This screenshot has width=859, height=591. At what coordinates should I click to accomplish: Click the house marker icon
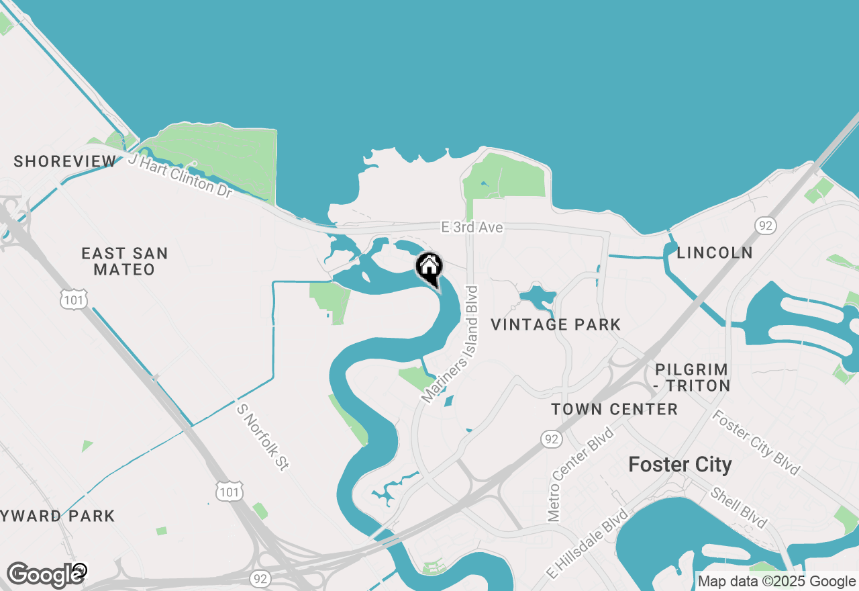pyautogui.click(x=429, y=268)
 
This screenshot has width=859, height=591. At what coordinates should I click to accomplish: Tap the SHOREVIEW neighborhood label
pyautogui.click(x=65, y=161)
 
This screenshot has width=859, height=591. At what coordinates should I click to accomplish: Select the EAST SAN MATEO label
pyautogui.click(x=124, y=261)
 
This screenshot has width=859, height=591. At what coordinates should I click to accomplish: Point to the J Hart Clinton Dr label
pyautogui.click(x=180, y=176)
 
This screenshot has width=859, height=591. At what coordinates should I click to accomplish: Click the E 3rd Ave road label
pyautogui.click(x=472, y=228)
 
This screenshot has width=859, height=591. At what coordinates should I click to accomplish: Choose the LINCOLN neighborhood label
pyautogui.click(x=715, y=253)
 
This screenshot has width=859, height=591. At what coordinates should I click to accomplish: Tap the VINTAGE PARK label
pyautogui.click(x=556, y=325)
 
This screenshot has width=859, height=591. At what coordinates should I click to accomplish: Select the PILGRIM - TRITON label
pyautogui.click(x=693, y=377)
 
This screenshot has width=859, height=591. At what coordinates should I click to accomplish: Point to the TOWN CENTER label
pyautogui.click(x=614, y=409)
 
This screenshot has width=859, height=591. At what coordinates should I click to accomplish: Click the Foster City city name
pyautogui.click(x=680, y=464)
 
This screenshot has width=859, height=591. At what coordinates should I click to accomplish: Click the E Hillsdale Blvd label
pyautogui.click(x=588, y=543)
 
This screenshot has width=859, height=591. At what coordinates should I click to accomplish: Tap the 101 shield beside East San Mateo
pyautogui.click(x=73, y=300)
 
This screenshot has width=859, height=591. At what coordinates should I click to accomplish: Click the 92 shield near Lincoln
pyautogui.click(x=765, y=225)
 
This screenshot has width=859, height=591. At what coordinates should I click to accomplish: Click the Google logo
pyautogui.click(x=44, y=575)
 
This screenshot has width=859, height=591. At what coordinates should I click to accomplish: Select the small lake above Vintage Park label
pyautogui.click(x=537, y=295)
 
